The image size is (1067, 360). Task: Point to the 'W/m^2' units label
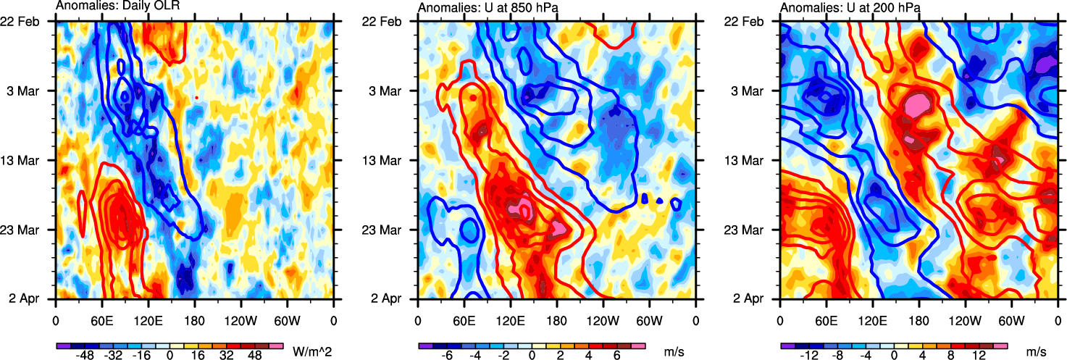312,352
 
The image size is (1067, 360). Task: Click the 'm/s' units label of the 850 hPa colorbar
675,352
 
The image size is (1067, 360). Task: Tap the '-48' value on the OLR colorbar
85,356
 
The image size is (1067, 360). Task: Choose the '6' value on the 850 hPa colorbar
616,356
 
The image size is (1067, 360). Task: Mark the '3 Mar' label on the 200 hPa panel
751,91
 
